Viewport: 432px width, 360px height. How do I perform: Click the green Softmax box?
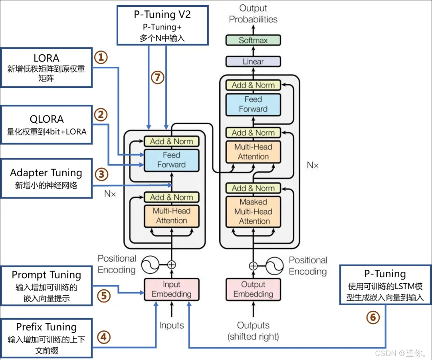tap(253, 40)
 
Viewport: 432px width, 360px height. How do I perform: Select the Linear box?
tap(253, 62)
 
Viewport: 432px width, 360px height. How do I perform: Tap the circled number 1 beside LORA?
tap(101, 57)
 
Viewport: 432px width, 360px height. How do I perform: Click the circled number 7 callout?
tap(158, 78)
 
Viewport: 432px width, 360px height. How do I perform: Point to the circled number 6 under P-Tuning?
tap(373, 317)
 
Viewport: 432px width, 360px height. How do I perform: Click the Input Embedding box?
tap(171, 289)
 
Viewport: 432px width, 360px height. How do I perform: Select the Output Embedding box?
tap(253, 289)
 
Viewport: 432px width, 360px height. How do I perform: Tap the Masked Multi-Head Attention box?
tap(253, 212)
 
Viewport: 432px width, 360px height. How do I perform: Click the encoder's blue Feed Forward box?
tap(171, 160)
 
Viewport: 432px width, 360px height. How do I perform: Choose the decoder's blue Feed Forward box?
tap(253, 104)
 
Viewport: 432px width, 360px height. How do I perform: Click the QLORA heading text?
tap(47, 119)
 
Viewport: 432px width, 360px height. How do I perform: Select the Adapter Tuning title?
tap(46, 173)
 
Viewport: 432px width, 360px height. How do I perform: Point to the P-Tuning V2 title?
tap(162, 14)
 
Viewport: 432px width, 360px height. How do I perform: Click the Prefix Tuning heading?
tap(46, 327)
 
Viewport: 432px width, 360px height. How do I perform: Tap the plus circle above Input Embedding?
tap(171, 265)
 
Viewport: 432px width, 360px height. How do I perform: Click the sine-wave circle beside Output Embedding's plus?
tap(274, 266)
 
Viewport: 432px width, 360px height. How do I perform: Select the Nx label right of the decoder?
tap(313, 165)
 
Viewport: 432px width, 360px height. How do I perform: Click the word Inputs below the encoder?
tap(171, 325)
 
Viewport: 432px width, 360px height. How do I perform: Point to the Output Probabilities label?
tap(253, 14)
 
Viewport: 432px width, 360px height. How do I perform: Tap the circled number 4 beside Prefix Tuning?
tap(103, 337)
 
